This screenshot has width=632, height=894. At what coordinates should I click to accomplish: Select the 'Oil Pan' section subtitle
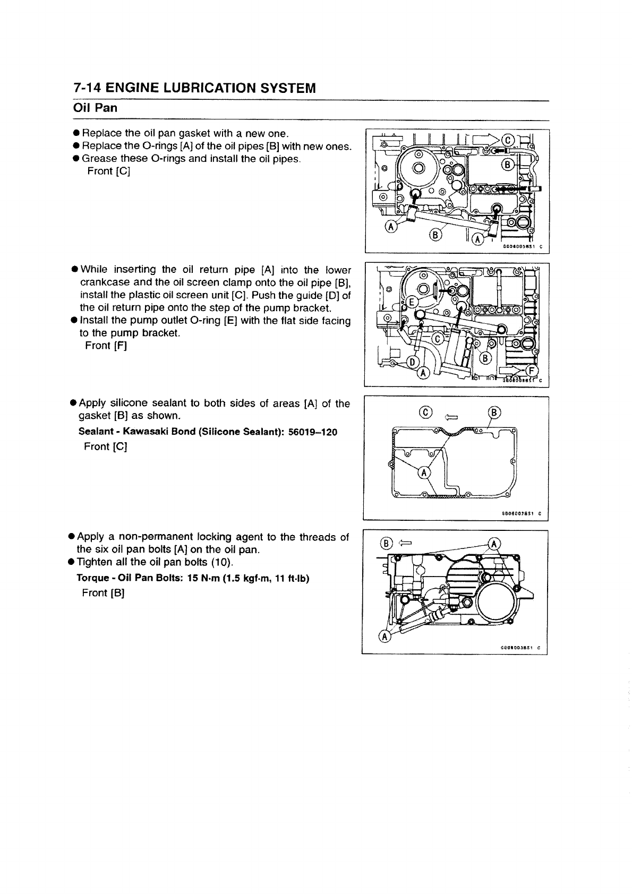coord(95,108)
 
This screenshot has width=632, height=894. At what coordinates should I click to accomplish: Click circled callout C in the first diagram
coord(507,140)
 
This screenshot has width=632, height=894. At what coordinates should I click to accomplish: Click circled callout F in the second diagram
coord(533,371)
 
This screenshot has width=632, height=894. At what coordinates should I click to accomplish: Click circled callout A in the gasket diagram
coord(424,472)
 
